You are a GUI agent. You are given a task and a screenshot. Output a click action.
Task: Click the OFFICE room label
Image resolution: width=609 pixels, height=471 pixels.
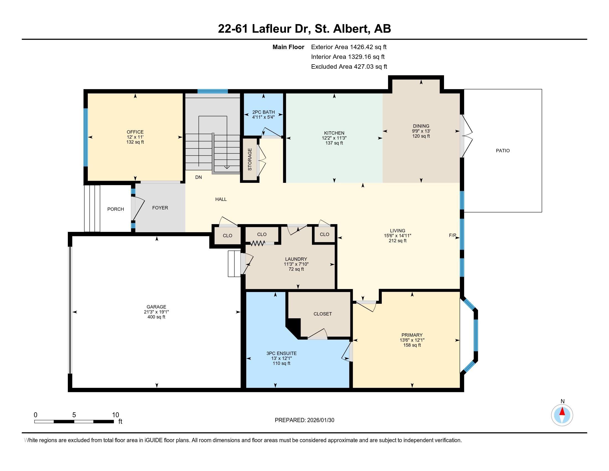(135, 132)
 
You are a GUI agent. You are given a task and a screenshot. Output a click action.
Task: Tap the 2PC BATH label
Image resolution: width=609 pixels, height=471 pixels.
(263, 112)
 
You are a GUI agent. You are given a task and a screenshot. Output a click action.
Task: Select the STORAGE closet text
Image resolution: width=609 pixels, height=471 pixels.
(250, 159)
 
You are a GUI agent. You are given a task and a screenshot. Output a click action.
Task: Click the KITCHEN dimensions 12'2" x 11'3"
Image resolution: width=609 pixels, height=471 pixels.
(334, 138)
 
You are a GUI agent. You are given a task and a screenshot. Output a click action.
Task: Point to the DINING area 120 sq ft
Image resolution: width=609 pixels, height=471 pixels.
(421, 136)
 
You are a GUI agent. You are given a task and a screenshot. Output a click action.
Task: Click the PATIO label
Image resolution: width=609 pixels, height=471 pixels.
(502, 151)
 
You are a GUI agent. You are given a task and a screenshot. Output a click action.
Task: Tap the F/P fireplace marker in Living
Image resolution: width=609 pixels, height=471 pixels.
(452, 235)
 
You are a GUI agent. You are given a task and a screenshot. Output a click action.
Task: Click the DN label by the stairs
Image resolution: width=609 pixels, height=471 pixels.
(198, 177)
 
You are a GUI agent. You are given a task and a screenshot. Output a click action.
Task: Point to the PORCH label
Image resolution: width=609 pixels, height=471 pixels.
(115, 209)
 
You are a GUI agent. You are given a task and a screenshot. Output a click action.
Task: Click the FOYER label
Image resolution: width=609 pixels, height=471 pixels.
(160, 208)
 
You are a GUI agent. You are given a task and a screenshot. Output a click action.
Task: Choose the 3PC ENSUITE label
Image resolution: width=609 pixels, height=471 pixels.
(281, 353)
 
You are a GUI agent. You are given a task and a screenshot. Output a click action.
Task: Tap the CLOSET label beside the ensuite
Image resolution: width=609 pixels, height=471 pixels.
(322, 314)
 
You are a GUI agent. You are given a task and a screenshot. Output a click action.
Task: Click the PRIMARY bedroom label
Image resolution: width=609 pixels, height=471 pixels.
(412, 335)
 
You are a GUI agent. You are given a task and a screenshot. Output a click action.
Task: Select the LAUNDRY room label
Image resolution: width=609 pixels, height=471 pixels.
(296, 259)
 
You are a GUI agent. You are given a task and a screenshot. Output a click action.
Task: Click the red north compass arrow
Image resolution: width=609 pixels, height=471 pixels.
(562, 411)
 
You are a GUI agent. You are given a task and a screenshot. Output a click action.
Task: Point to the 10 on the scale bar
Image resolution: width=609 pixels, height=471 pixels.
(115, 415)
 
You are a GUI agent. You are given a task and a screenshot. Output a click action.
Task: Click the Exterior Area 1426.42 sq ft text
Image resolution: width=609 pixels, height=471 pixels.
(349, 47)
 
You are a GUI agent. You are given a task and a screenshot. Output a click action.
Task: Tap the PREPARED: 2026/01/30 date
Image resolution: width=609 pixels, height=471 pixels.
(304, 420)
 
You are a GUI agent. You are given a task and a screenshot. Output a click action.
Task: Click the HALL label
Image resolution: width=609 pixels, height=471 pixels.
(221, 199)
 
